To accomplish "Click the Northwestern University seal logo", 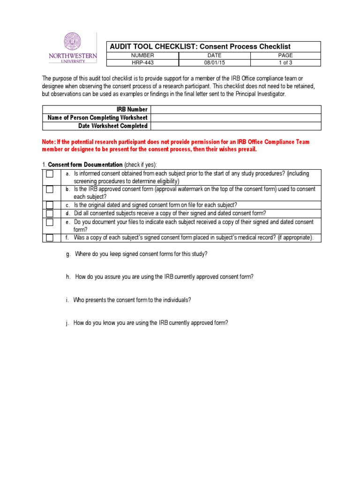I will (72, 42).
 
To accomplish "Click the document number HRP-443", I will (143, 62).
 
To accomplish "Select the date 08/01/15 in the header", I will (214, 62).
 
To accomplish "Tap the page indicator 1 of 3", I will (285, 62).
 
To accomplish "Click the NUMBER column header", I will (143, 55).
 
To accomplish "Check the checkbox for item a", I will (50, 174).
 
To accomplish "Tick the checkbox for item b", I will (50, 189).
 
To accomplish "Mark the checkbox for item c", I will (50, 205).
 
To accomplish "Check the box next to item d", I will (50, 213).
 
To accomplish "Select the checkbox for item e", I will (50, 222).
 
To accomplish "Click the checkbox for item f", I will (50, 238).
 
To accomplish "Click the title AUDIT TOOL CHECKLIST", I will (148, 46).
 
